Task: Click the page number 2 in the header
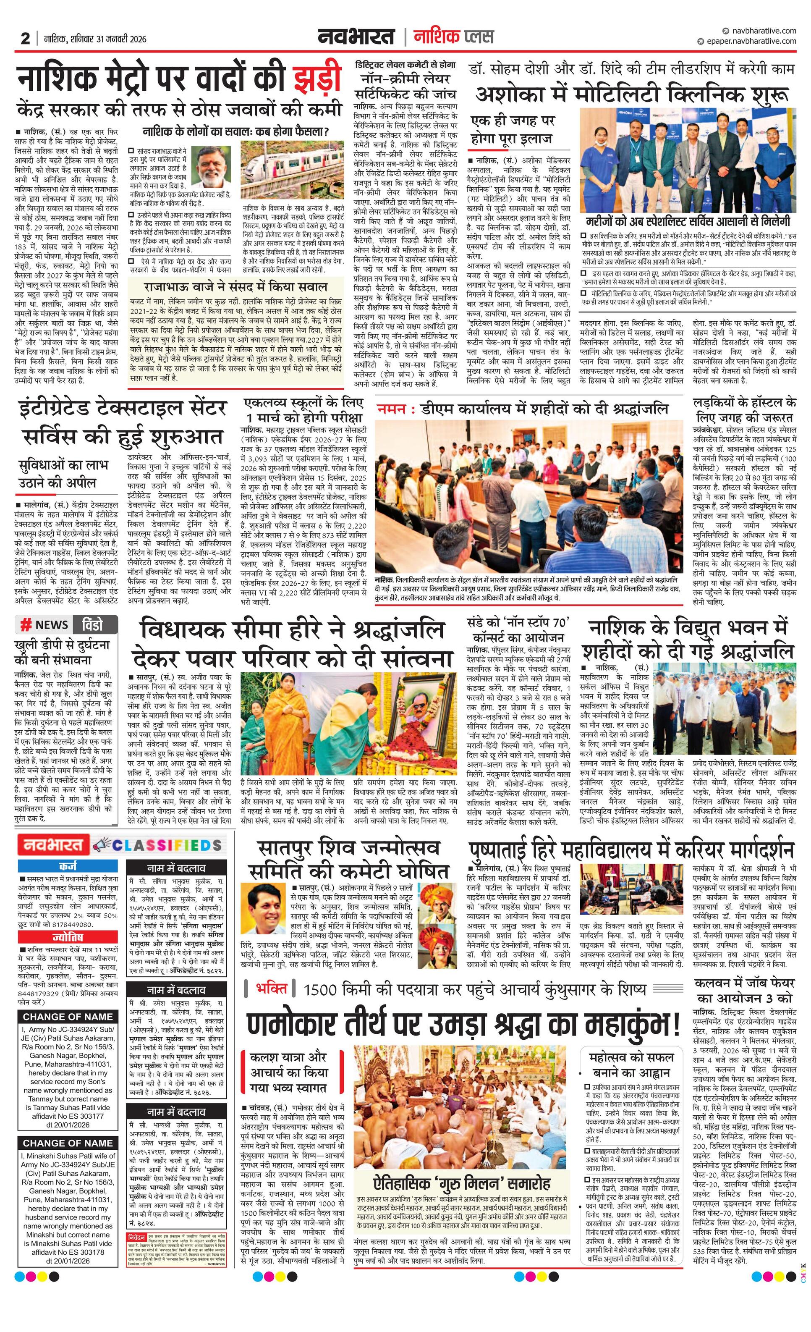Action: pos(25,39)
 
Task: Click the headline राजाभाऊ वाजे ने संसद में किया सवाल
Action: pos(235,286)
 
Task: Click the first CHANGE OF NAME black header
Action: pos(68,1017)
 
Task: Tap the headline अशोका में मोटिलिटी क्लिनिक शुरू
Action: pos(631,94)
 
